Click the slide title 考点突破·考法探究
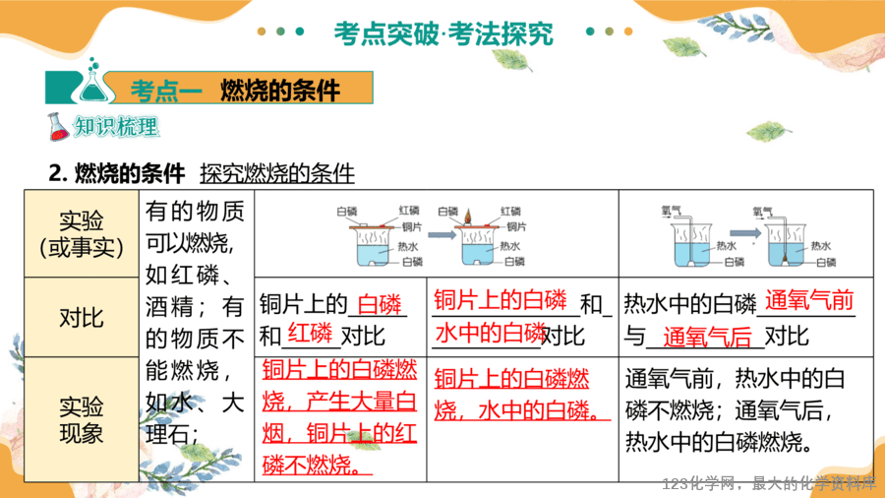click(443, 33)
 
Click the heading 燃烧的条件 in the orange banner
click(280, 90)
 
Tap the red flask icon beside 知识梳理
click(58, 127)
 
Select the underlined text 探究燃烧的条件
click(277, 173)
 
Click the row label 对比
click(82, 318)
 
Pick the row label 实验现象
click(82, 419)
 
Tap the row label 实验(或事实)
click(82, 234)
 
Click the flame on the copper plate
click(468, 217)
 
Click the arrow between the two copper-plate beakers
click(442, 234)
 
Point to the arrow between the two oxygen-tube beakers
click(745, 232)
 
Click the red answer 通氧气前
click(809, 300)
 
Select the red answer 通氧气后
click(707, 337)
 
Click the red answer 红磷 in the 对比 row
click(310, 333)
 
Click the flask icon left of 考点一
click(93, 81)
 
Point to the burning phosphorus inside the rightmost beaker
click(785, 260)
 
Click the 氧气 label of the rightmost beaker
click(762, 212)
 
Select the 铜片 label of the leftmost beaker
click(411, 226)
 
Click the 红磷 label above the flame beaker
click(510, 212)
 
